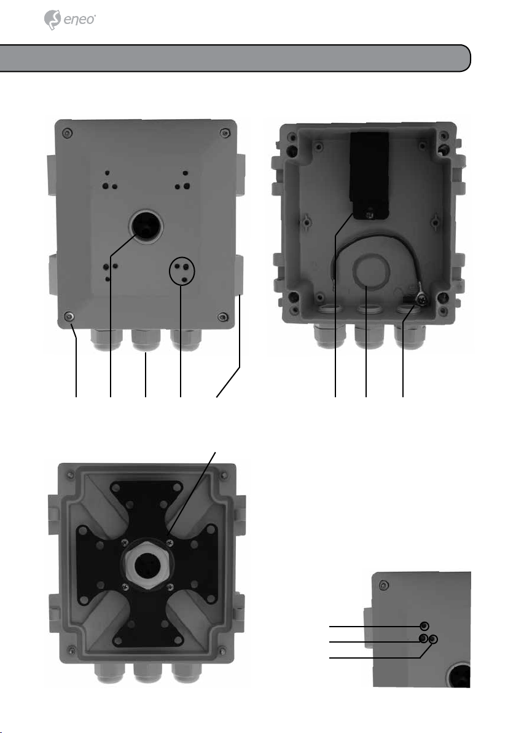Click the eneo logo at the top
click(x=69, y=20)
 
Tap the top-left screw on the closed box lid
click(x=68, y=133)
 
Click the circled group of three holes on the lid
click(x=182, y=271)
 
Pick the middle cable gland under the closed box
click(x=146, y=340)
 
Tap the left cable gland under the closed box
click(x=107, y=340)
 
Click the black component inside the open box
click(x=369, y=175)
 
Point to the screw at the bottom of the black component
click(x=370, y=214)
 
